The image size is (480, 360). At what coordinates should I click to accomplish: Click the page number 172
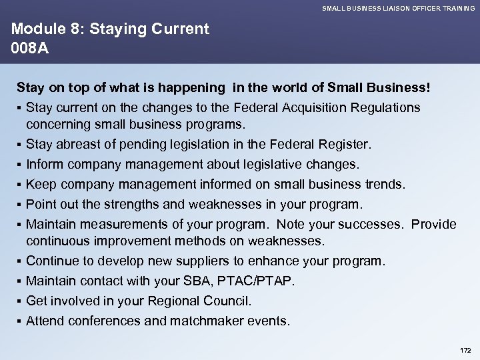coord(465,350)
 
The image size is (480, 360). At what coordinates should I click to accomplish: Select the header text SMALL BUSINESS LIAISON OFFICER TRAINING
coord(399,8)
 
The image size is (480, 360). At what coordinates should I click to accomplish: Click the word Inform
coord(44,164)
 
